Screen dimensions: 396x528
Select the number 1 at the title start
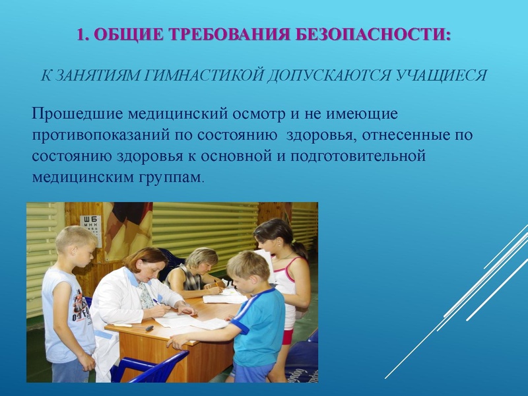tap(81, 34)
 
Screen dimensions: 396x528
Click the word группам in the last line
tap(174, 178)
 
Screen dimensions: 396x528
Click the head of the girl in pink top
tap(274, 238)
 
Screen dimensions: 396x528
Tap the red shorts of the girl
tap(287, 337)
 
